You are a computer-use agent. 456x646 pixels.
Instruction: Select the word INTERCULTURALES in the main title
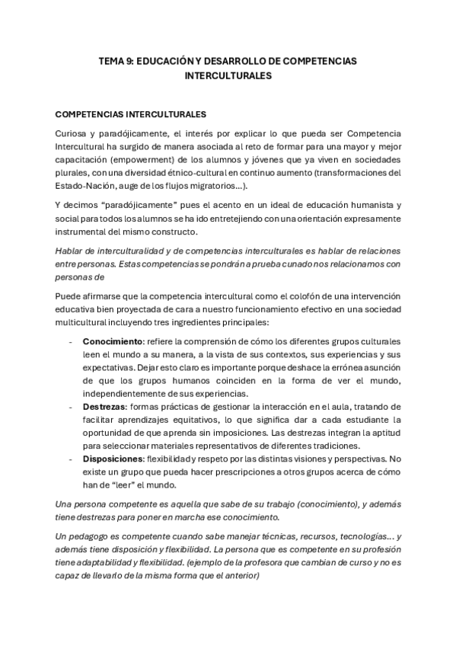[x=228, y=76]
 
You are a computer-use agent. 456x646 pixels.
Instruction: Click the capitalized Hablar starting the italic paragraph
[x=71, y=251]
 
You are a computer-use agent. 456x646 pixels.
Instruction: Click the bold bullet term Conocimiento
[x=113, y=343]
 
